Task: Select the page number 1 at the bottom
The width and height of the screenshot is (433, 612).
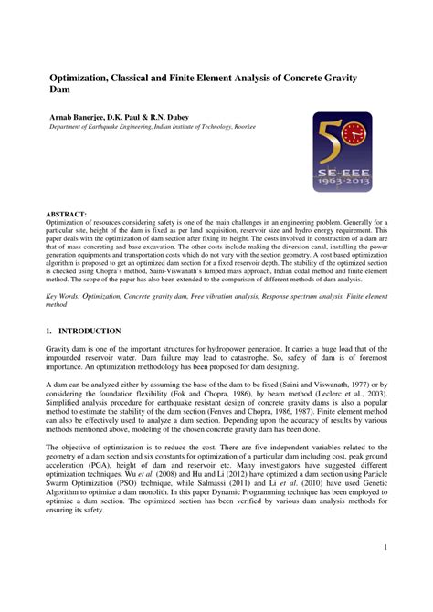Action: [x=386, y=547]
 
